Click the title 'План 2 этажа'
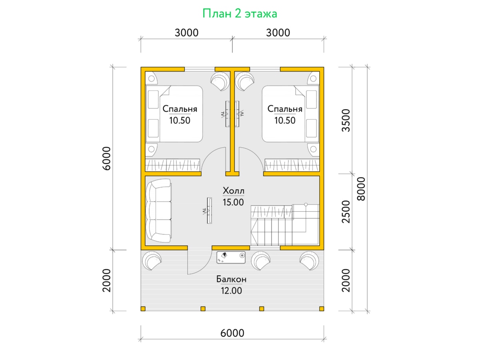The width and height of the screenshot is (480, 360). click(x=240, y=14)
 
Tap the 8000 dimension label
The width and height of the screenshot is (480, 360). click(x=361, y=189)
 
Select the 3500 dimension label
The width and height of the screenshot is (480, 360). click(x=346, y=120)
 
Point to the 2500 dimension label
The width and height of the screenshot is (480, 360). click(x=346, y=212)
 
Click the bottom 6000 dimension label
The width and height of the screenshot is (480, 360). click(x=232, y=333)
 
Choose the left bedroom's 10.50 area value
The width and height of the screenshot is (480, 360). click(x=180, y=120)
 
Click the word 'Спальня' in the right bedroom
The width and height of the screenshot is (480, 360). click(x=285, y=109)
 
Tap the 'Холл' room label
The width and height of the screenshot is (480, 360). click(x=233, y=191)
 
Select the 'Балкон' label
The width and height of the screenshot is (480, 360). click(x=231, y=279)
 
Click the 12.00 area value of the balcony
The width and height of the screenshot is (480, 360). click(x=231, y=291)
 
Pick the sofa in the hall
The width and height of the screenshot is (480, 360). click(x=158, y=211)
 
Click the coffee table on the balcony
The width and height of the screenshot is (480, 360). click(x=231, y=258)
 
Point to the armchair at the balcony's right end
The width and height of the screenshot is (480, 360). click(x=309, y=260)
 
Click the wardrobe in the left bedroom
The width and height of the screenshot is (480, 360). click(x=172, y=165)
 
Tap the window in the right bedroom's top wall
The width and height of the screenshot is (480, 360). click(x=265, y=69)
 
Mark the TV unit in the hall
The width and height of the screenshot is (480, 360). click(x=210, y=211)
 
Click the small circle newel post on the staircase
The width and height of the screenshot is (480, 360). click(x=306, y=204)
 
